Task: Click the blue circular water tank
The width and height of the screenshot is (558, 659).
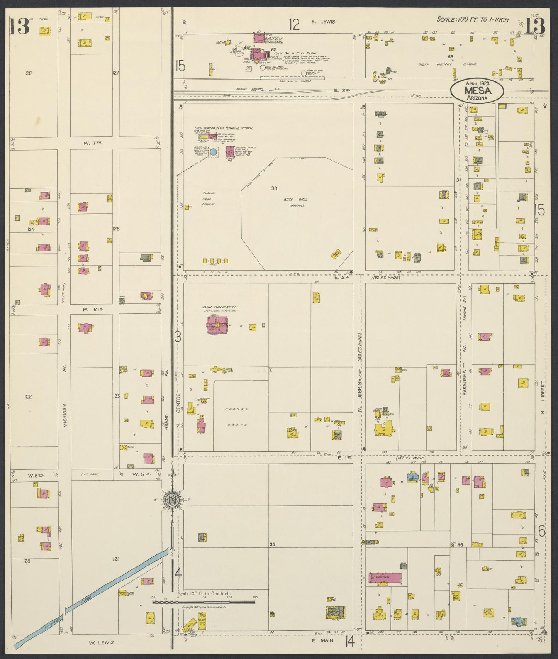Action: tap(213, 152)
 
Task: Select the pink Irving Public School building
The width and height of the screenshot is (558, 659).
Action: tap(217, 324)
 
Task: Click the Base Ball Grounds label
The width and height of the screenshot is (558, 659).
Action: tap(297, 202)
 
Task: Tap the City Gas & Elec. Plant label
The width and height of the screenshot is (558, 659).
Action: tap(295, 53)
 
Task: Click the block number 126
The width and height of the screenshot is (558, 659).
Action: tap(27, 73)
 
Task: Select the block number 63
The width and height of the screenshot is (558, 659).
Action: tap(450, 56)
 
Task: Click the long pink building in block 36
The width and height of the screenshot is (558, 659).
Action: tap(385, 578)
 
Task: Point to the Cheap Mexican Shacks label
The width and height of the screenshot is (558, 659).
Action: tap(448, 64)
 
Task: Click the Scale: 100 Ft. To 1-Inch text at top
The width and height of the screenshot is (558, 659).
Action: tap(472, 20)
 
